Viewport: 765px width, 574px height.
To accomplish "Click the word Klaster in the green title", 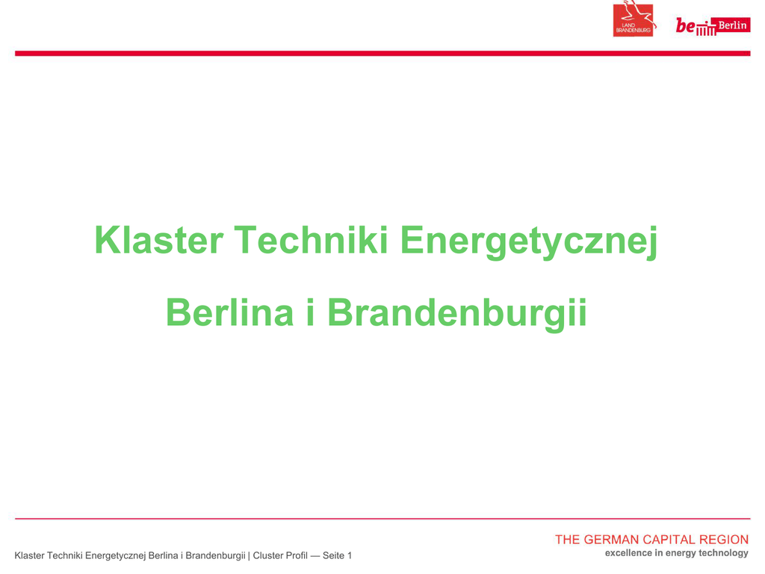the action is click(159, 240).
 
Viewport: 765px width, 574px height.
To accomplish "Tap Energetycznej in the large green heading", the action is click(529, 242).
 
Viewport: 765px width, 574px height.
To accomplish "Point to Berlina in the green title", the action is click(230, 312).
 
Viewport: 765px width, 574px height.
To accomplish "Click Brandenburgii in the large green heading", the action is click(456, 315).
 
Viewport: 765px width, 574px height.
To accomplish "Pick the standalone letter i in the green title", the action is click(310, 312).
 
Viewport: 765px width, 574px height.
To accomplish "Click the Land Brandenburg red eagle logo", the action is click(634, 19).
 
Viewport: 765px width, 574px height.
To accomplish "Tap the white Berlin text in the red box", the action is click(732, 25).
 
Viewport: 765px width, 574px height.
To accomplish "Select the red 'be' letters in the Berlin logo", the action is click(685, 25).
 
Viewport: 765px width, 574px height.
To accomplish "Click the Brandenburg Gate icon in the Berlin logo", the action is click(706, 30).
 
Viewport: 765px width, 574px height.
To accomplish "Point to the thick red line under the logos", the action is click(382, 53).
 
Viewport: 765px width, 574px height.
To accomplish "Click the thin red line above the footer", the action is click(382, 519).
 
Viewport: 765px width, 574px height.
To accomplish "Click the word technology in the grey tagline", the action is click(723, 554).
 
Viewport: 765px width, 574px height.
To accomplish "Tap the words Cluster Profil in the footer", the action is click(280, 555).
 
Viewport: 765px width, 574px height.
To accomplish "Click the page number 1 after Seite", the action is click(350, 555).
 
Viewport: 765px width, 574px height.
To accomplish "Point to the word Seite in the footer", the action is click(333, 555).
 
